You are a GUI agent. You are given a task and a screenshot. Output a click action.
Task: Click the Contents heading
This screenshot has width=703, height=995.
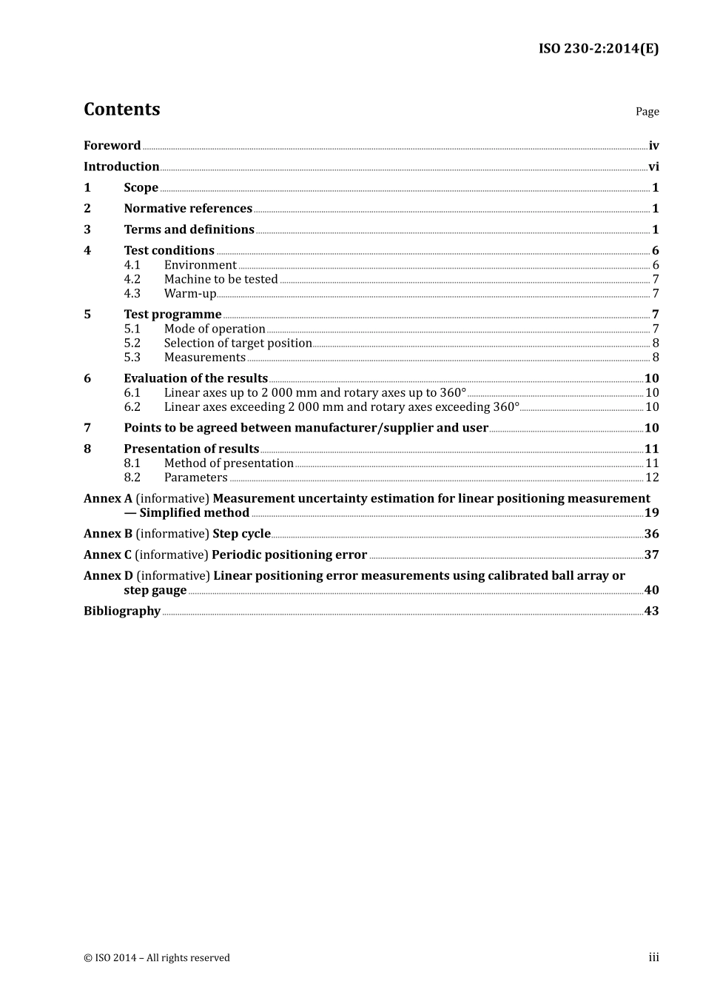pos(121,109)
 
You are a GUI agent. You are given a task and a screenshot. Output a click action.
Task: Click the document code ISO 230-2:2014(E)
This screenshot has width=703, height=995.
pos(598,49)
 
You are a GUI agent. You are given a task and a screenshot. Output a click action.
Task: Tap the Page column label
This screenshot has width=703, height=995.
pos(647,112)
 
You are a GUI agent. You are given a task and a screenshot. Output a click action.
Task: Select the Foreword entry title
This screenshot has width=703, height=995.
pos(112,146)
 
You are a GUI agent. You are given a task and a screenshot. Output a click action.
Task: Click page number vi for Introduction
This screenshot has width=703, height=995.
pos(653,167)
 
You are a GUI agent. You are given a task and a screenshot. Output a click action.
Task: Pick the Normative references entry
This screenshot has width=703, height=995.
pos(188,209)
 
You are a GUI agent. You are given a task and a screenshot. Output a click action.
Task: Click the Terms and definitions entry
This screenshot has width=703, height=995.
pos(189,230)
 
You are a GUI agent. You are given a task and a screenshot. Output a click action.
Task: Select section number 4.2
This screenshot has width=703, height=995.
pos(132,279)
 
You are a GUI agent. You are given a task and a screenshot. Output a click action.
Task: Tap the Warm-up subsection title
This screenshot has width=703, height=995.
pos(189,294)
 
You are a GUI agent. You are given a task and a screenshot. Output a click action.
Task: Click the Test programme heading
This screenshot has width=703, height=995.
pos(172,315)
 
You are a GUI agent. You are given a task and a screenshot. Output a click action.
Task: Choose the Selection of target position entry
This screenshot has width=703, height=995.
pos(238,344)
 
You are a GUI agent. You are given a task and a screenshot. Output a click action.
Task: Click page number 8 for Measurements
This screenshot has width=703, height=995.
pos(655,358)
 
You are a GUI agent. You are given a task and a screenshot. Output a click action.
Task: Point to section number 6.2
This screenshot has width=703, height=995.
pos(132,407)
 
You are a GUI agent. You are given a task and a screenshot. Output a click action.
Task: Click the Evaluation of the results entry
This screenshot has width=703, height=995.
pos(195,378)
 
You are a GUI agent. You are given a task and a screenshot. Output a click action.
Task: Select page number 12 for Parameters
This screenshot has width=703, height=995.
pos(652,478)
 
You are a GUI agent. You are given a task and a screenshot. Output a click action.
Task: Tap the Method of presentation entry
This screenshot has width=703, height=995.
pos(229,463)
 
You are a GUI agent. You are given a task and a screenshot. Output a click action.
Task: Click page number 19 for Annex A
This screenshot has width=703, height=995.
pos(651,513)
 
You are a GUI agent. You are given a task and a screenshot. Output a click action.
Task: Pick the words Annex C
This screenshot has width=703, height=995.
pos(107,555)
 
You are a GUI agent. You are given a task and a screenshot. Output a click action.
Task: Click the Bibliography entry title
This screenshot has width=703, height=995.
pos(122,612)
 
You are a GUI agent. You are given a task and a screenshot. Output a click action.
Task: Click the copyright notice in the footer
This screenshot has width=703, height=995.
pos(157,958)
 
